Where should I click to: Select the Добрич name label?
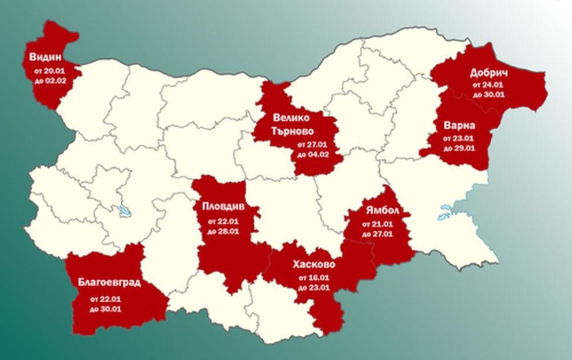[489, 73]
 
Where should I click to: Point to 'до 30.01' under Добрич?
[489, 94]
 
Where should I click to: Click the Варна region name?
[460, 125]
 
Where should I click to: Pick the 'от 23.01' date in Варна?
[459, 139]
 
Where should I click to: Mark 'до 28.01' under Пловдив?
[227, 231]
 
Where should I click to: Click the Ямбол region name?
[377, 210]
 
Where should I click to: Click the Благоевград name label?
[109, 282]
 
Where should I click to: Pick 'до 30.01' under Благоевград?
[106, 309]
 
